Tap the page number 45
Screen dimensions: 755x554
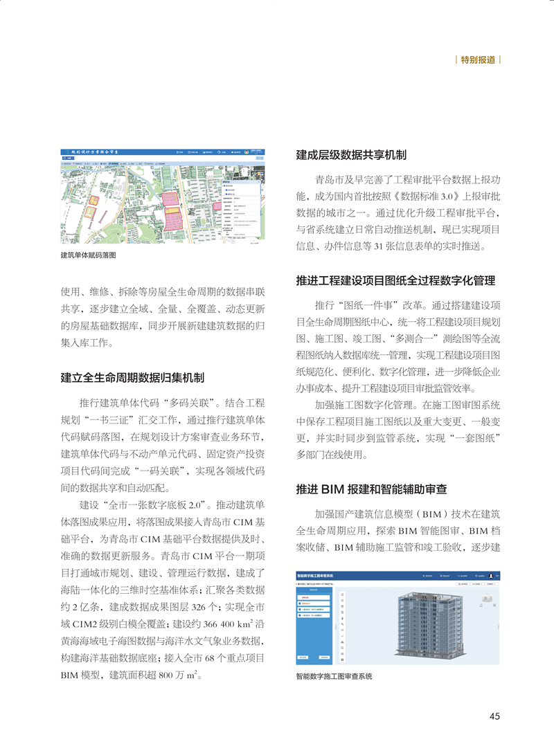[x=494, y=716]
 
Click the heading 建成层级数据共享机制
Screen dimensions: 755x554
[x=351, y=154]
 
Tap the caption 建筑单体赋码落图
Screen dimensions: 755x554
[x=88, y=255]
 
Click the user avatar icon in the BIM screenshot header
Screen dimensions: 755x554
[x=491, y=575]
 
